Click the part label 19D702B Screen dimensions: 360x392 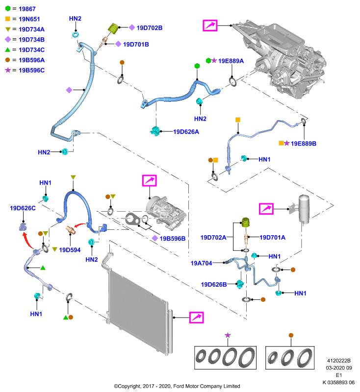150,28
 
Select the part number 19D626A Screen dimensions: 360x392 186,132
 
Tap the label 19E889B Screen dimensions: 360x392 304,144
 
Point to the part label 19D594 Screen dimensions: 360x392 70,250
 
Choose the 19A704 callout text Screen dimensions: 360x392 202,263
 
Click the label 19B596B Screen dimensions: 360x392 173,239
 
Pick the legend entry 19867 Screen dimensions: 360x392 27,9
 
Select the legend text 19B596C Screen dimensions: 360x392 31,70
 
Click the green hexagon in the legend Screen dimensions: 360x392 8,8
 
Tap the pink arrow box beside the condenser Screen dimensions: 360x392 196,318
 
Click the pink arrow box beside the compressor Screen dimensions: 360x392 150,180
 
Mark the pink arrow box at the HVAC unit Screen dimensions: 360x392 210,25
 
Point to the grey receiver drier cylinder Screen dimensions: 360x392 304,209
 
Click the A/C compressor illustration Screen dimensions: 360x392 166,211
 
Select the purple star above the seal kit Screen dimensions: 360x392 228,335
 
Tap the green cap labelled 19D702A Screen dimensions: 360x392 246,222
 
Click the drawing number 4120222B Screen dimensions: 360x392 339,361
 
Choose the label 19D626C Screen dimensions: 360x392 23,208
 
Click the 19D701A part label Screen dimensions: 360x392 272,237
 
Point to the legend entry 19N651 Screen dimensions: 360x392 29,19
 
